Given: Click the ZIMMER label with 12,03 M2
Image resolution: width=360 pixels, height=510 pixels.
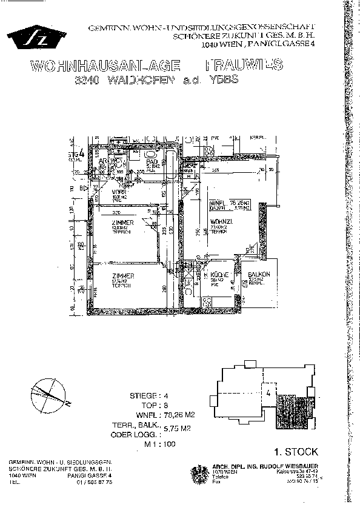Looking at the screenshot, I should (122, 223).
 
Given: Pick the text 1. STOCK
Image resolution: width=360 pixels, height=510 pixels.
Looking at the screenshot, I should (296, 452).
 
